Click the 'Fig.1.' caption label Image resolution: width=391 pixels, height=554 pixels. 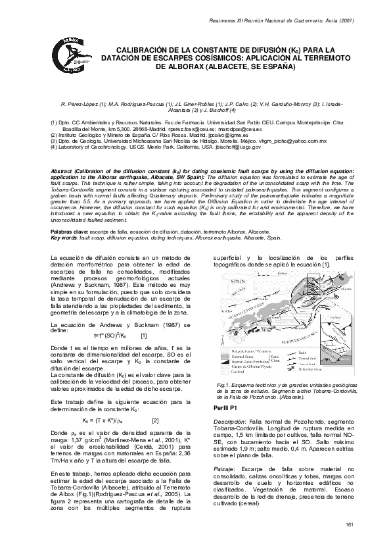point(223,382)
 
